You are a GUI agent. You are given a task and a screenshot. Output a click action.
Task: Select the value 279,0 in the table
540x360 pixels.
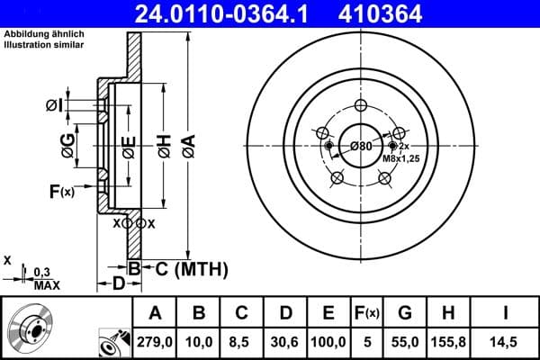tap(155, 340)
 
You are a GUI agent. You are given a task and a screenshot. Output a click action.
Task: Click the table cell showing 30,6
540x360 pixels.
tap(286, 340)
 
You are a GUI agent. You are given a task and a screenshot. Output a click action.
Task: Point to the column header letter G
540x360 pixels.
tap(405, 313)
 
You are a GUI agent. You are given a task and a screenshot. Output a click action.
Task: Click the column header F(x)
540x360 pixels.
tap(366, 313)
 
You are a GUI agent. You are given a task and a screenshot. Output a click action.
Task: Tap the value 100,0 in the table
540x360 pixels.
tap(328, 340)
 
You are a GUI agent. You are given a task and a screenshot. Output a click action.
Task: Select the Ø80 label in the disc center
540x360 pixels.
tap(361, 147)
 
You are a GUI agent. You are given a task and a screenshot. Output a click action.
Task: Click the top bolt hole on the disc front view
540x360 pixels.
tap(361, 105)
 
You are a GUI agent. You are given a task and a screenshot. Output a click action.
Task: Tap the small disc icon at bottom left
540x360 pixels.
tap(30, 328)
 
